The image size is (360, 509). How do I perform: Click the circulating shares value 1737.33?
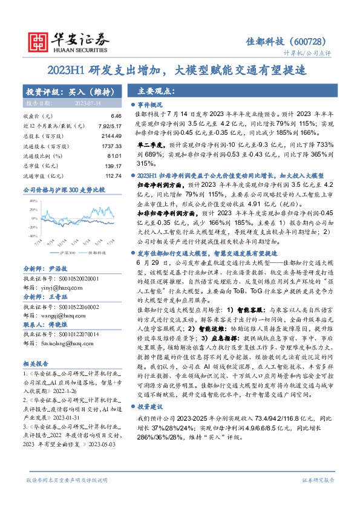(110, 147)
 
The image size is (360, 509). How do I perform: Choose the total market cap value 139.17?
(112, 165)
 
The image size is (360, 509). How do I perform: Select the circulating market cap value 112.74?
(112, 175)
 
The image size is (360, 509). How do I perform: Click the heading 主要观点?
(156, 91)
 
